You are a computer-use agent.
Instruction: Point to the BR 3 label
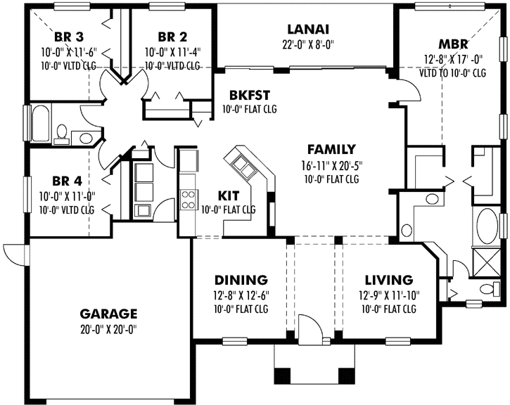pyautogui.click(x=70, y=37)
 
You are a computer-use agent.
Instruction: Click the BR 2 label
pyautogui.click(x=172, y=37)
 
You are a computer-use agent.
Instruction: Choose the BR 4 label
pyautogui.click(x=69, y=179)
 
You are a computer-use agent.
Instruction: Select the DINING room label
pyautogui.click(x=241, y=279)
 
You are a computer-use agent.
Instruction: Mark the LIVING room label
pyautogui.click(x=388, y=279)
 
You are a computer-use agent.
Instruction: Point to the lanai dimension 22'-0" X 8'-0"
pyautogui.click(x=308, y=45)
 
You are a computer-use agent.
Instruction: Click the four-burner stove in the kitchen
pyautogui.click(x=189, y=199)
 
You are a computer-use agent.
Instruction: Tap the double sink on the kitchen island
pyautogui.click(x=243, y=167)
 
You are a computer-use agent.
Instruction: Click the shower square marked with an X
pyautogui.click(x=485, y=261)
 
